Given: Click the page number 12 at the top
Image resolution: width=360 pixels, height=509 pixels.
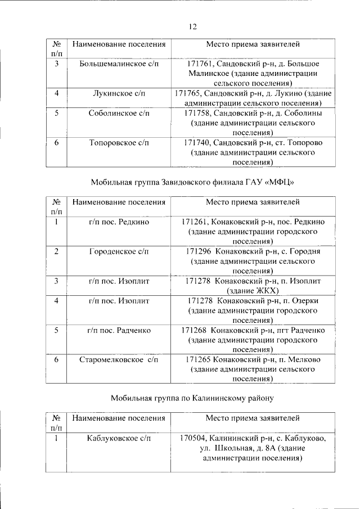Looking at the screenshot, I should pos(192,26).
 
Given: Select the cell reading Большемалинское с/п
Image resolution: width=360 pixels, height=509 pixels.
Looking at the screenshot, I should pos(119,64).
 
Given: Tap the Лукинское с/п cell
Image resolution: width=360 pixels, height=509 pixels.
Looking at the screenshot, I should pos(119,93).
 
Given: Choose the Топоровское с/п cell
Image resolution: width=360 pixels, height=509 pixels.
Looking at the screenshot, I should pos(119,143).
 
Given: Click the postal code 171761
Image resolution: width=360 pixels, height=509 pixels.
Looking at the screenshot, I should pos(200,64).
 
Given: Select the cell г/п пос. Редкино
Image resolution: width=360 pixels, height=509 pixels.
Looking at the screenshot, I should pos(119,222).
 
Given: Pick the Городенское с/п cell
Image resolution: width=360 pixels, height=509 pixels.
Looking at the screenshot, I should pos(119,251).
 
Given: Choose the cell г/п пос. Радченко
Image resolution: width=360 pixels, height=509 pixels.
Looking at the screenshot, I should pos(119,330).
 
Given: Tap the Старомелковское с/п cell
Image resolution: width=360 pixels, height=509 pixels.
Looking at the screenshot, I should pos(119,359).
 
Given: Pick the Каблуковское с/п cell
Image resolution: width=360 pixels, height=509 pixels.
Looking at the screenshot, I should pos(119,438).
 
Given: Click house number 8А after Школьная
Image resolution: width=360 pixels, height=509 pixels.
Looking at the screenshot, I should pos(270,448).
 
